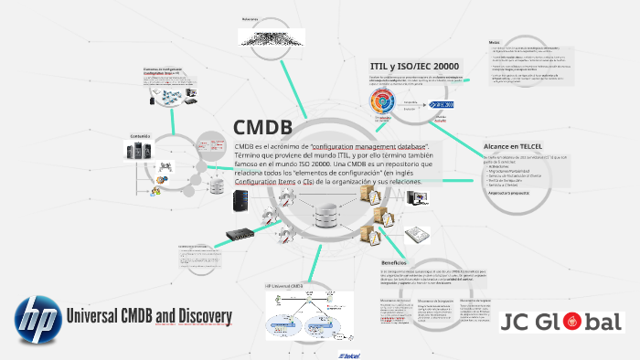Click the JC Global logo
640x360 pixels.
pos(562,322)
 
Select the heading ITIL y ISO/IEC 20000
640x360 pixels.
pos(414,66)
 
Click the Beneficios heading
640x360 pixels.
pos(400,263)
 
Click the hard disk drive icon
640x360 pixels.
pos(417,233)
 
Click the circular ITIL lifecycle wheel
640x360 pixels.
pos(382,101)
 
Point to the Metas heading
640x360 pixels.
pos(494,42)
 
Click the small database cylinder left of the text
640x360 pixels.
pos(217,185)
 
